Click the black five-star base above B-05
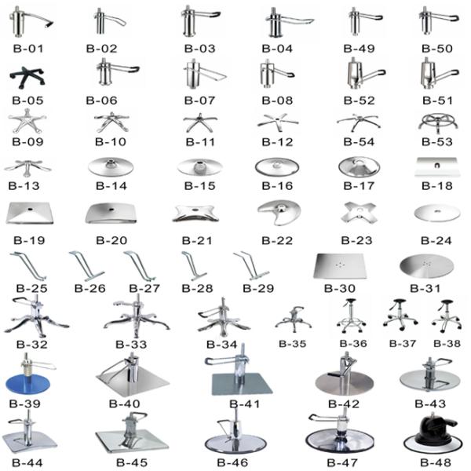pos(27,78)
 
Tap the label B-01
pos(27,49)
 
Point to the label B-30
pos(340,288)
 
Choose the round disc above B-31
pos(426,267)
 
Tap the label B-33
pos(130,344)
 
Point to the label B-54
pos(358,141)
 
